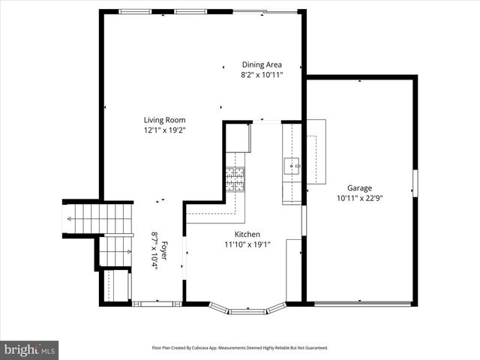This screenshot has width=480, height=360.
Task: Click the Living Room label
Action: (164, 120)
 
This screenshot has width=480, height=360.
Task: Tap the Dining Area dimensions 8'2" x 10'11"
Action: (261, 75)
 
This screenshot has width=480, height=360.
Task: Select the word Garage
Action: (359, 188)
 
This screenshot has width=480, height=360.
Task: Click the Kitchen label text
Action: (247, 234)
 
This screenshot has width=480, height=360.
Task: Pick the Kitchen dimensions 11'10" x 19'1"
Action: (247, 244)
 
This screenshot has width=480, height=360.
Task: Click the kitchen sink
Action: (291, 165)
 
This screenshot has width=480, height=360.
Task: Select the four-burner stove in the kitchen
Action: (235, 180)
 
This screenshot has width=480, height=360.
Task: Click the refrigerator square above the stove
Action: (238, 138)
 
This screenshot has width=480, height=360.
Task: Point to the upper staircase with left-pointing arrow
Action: (97, 219)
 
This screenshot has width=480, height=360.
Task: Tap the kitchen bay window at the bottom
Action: (247, 309)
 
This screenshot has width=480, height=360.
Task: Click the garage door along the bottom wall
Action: (362, 304)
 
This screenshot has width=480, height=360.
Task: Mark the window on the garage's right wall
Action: (415, 184)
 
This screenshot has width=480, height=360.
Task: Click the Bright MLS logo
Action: (29, 349)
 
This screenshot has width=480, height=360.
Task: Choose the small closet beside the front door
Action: (116, 286)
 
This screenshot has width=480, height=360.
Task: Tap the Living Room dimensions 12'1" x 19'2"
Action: (164, 130)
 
